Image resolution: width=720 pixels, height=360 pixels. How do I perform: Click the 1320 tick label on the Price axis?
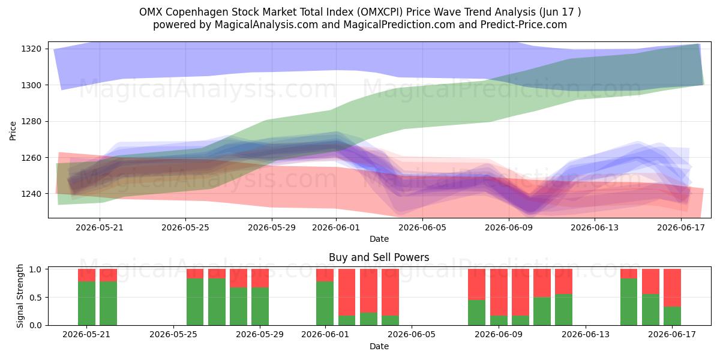click(31, 49)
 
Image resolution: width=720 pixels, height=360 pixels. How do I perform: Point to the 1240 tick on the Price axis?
click(31, 194)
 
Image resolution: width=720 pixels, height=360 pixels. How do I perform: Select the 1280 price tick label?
click(31, 121)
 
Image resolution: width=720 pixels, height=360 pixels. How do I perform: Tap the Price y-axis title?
click(13, 131)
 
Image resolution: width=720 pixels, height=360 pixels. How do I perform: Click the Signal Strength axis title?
click(20, 296)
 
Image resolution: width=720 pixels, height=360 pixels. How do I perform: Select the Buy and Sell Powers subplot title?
click(379, 257)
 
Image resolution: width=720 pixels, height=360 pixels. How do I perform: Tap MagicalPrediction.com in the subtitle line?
click(399, 25)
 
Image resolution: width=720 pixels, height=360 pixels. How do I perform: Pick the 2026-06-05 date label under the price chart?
click(422, 227)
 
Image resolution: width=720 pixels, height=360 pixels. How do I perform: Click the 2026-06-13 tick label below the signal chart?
click(586, 335)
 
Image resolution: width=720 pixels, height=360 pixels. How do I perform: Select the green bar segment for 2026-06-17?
click(672, 316)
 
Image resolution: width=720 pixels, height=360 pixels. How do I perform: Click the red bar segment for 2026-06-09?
click(499, 292)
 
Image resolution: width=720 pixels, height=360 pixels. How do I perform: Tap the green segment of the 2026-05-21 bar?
click(87, 304)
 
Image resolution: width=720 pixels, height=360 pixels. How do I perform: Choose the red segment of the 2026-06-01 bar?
click(325, 275)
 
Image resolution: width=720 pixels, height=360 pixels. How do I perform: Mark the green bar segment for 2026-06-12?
click(564, 310)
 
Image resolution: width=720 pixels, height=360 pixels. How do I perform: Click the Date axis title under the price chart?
click(379, 239)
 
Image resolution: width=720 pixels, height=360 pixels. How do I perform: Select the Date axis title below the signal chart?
click(379, 346)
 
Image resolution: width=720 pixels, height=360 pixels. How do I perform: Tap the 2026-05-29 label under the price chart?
click(272, 227)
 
